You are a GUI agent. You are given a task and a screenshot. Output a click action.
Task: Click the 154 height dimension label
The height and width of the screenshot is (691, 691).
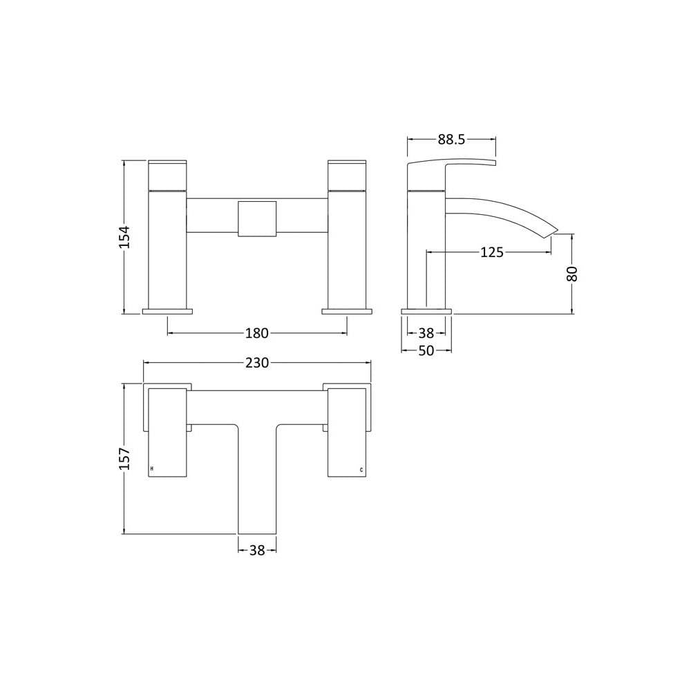pos(126,237)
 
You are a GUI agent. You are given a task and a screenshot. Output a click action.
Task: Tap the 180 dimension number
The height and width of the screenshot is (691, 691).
pos(257,333)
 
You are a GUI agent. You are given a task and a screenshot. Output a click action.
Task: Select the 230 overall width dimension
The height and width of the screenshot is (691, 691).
pos(257,363)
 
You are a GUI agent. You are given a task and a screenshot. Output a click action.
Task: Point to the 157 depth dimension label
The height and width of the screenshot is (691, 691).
pos(126,458)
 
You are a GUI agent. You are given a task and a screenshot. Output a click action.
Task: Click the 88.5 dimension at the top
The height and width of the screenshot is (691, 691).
pos(451,140)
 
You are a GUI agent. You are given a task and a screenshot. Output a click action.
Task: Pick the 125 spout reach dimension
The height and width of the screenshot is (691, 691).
pos(491,252)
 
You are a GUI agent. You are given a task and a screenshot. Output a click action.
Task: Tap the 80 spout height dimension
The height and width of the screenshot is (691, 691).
pos(571,274)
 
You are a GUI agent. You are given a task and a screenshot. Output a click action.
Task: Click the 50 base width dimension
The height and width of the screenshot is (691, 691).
pos(426,351)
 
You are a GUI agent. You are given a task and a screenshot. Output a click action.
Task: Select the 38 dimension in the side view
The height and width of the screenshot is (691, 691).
pos(426,333)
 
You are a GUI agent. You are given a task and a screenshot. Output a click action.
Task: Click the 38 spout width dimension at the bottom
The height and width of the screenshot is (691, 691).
pos(257,550)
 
